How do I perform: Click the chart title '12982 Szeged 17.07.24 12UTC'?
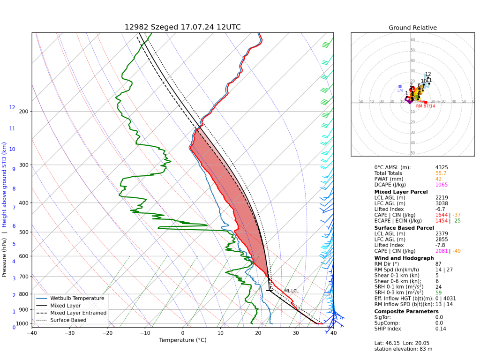(182, 27)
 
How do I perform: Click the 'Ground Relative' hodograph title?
(412, 28)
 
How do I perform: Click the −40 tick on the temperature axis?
(32, 333)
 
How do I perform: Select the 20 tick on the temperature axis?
(258, 333)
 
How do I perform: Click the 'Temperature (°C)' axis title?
(182, 340)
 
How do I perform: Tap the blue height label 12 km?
(12, 107)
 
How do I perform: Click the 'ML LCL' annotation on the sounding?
(291, 291)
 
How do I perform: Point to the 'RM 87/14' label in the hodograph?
(426, 106)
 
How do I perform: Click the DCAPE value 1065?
(442, 185)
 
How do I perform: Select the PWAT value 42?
(438, 179)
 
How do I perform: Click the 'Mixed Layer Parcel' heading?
(401, 192)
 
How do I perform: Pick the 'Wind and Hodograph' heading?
(404, 258)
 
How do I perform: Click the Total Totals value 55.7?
(441, 173)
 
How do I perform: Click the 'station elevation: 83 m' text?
(403, 349)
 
